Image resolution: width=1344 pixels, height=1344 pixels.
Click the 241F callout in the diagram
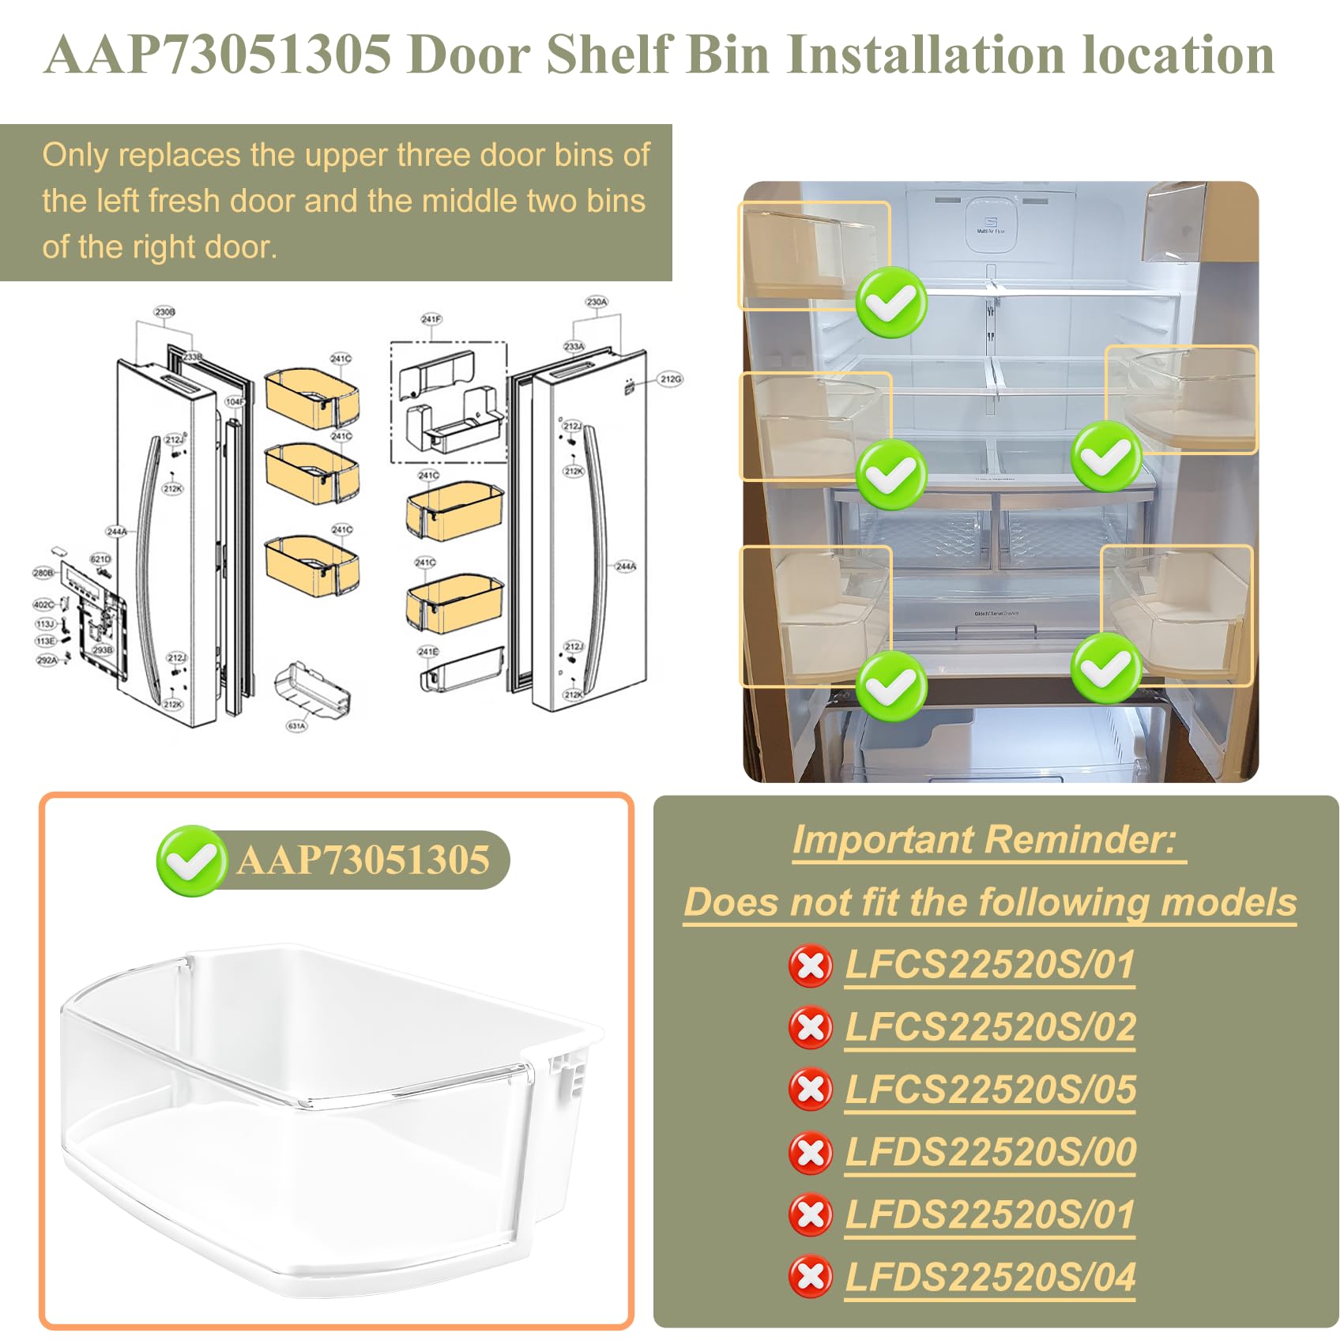(431, 319)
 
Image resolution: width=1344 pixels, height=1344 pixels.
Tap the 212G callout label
(670, 379)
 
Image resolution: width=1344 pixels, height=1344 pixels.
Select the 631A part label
(296, 726)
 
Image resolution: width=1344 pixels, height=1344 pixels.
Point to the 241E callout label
(428, 652)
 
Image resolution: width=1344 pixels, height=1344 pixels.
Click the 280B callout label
(43, 572)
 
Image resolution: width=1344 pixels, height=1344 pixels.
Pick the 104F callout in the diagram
(235, 401)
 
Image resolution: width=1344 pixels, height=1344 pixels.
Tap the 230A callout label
(597, 302)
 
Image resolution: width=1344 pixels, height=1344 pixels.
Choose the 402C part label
(43, 604)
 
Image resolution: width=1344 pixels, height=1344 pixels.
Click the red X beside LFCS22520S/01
(811, 966)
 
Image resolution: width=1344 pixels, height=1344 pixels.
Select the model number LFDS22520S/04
(990, 1277)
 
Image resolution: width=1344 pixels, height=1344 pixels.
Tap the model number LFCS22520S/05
(990, 1090)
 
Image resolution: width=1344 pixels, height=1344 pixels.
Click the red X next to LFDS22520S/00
(811, 1153)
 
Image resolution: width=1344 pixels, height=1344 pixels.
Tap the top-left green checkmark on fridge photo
(891, 303)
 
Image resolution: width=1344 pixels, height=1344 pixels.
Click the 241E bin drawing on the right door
(462, 670)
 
